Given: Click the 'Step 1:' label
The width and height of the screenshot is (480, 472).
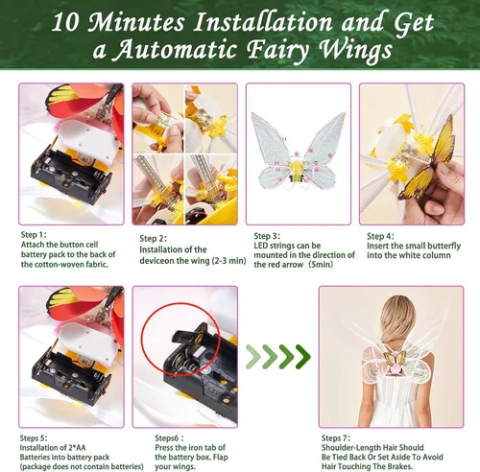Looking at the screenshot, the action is coord(34,235).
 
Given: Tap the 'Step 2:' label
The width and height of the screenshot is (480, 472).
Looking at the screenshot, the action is coord(153,239).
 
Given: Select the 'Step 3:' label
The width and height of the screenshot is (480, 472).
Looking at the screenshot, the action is coord(267,236).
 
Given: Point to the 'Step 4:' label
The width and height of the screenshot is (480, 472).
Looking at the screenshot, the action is coord(380,236).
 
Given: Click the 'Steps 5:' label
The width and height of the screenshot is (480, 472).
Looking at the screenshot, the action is coord(34,438).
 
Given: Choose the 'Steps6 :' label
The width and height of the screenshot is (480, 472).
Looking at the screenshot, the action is coord(169,438).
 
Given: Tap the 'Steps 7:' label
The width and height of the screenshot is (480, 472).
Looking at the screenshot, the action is coord(336,438).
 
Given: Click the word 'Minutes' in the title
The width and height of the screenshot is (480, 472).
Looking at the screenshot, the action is coord(136,22).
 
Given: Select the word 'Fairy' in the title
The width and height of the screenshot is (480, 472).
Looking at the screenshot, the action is coord(278,51).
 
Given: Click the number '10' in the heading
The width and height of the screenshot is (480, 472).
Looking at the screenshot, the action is coord(65,22).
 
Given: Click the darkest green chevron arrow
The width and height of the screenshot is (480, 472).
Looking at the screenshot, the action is coord(302,356).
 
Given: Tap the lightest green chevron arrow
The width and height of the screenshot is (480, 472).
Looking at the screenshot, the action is coord(253,356).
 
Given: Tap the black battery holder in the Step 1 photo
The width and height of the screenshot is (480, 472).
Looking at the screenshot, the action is coord(71,175).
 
